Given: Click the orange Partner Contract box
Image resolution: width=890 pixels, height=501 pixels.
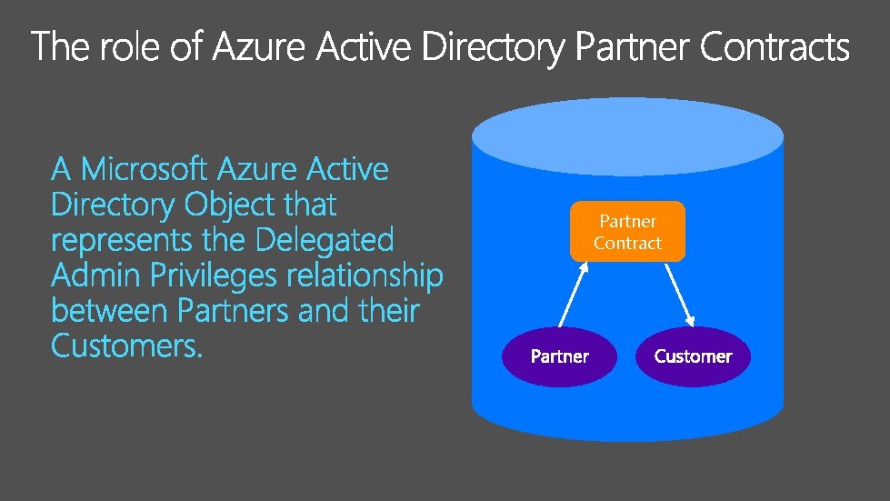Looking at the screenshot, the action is point(627,232).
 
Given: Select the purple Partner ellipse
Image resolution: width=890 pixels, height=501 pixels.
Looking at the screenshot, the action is point(559,356).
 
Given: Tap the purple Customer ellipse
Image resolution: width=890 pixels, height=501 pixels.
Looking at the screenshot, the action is point(693,356).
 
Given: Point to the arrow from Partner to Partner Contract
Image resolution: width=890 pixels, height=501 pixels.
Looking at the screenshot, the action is point(574,294).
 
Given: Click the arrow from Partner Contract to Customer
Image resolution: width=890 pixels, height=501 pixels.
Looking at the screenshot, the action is point(679,295).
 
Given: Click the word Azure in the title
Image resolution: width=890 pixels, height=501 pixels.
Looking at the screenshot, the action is point(258,46).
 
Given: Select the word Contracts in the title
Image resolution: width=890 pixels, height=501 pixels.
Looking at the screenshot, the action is point(775,46).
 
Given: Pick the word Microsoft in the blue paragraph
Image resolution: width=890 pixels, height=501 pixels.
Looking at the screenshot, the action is point(144,168).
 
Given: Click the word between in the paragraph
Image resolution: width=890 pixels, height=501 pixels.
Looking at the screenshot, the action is point(109,310).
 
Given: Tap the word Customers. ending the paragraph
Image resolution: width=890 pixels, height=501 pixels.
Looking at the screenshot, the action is point(126,346).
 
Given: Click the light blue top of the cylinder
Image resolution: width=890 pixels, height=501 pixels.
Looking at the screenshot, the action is point(628,136).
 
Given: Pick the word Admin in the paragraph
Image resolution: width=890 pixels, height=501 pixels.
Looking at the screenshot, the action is point(96,276).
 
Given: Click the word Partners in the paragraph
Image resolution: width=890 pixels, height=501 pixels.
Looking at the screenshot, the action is point(234,310).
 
